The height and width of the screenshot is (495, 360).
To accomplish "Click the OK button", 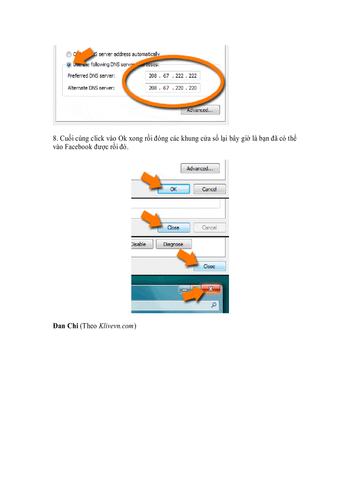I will pos(173,189).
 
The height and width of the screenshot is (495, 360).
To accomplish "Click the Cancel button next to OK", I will pos(209,189).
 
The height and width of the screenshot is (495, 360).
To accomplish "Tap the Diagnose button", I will pos(173,244).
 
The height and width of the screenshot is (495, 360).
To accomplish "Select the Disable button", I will pos(141,244).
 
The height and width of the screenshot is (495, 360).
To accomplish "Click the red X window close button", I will pos(210,289).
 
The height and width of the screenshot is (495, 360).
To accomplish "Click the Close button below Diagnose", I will pos(209,266).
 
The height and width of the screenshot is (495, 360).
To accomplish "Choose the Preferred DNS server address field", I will pos(172,76).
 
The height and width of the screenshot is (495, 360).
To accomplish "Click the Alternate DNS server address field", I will pos(172,88).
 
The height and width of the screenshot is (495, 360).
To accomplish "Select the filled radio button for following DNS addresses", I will pos(69,64).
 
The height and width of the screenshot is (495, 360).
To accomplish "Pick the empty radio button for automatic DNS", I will pos(69,54).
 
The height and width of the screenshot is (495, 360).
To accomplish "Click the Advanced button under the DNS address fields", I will pos(200,110).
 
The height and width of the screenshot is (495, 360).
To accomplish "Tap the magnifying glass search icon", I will pos(214,305).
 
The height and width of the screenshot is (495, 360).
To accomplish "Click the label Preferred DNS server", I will pos(91,76).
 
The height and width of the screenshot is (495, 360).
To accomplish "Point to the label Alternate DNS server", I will pos(91,88).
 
